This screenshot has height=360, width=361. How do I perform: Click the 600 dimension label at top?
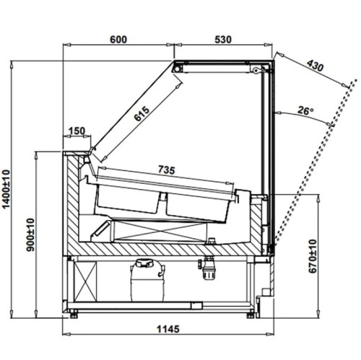tap(118, 40)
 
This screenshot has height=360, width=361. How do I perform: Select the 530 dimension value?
tap(223, 40)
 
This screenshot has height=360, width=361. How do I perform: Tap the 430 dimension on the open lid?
tap(316, 66)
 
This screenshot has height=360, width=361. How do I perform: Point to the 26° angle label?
tap(305, 110)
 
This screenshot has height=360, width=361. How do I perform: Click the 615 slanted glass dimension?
tap(142, 114)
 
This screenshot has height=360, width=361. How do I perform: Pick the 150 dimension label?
tap(77, 131)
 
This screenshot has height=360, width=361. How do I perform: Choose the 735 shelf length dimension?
tap(166, 170)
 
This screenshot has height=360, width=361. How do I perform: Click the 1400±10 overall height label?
tap(6, 189)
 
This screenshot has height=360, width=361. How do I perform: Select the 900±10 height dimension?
tap(30, 234)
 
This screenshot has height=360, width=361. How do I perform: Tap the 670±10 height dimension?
tap(313, 256)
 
